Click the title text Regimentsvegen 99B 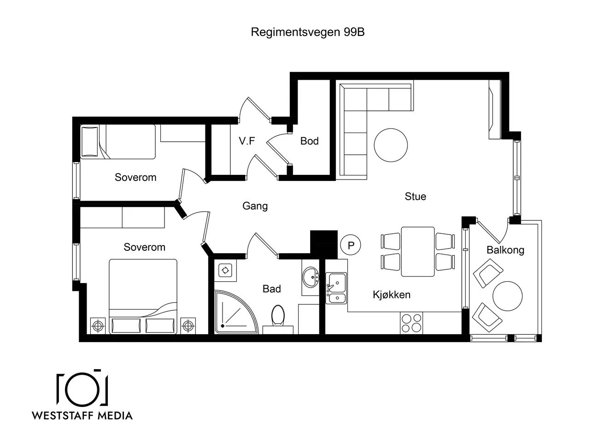(x=307, y=32)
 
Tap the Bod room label (x=309, y=141)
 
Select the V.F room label (x=246, y=141)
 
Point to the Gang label (x=255, y=206)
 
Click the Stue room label (x=415, y=196)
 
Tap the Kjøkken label (x=392, y=295)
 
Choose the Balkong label (x=505, y=250)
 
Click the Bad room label (x=272, y=289)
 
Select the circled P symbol (x=351, y=245)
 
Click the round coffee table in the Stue (x=391, y=145)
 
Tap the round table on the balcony (x=507, y=296)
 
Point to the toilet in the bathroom (x=278, y=316)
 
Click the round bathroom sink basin (x=311, y=277)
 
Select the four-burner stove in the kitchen (x=411, y=323)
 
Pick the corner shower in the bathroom (x=236, y=312)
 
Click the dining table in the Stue (x=418, y=251)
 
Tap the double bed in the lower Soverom (x=143, y=296)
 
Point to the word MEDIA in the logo (x=115, y=416)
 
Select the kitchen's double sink (x=336, y=288)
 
